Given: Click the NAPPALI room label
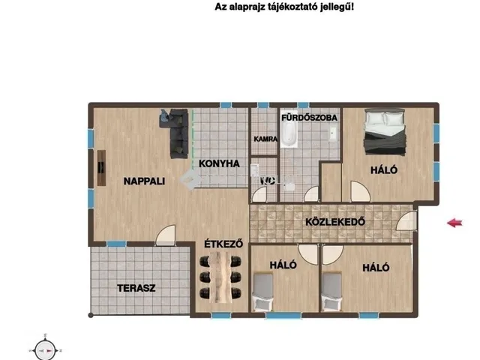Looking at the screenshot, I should click(x=144, y=181).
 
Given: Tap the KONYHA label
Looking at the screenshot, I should click(x=219, y=163).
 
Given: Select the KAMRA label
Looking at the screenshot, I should click(x=265, y=139).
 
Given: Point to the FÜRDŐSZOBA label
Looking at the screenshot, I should click(x=309, y=118).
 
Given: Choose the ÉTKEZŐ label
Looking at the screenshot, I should click(x=221, y=244).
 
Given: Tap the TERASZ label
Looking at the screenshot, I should click(x=136, y=288).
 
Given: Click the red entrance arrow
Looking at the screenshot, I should click(x=454, y=222).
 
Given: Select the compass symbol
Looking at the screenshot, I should click(x=46, y=349).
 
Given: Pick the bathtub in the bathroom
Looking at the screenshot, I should click(x=289, y=135).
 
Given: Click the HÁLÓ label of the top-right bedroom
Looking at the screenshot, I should click(x=383, y=171).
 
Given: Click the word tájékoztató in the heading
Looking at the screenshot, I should click(x=297, y=7).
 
